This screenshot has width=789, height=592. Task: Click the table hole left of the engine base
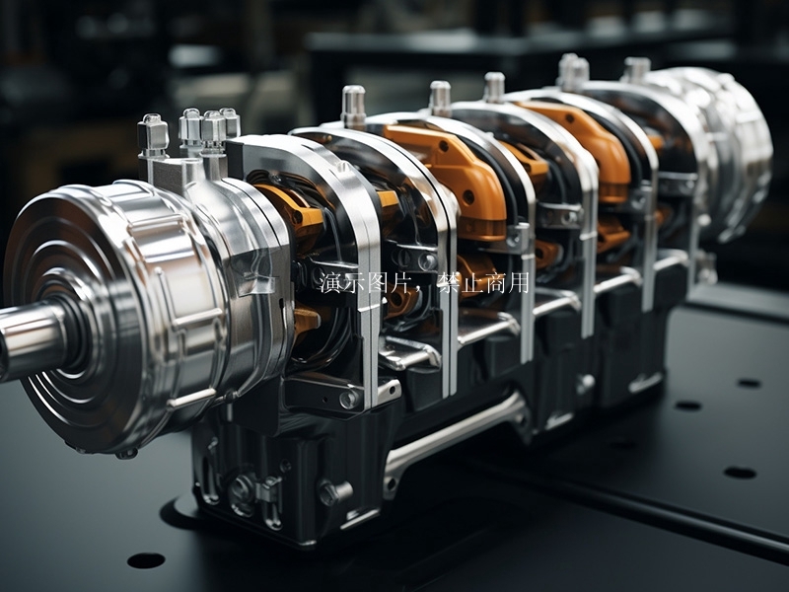click(145, 560)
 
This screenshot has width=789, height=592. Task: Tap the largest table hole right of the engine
click(739, 473)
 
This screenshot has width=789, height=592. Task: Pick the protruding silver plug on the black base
click(335, 491)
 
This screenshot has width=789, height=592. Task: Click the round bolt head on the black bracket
click(349, 399)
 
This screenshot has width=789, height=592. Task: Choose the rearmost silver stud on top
click(636, 70)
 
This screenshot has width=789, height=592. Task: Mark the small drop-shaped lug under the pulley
click(126, 453)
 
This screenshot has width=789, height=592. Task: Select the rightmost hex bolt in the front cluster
click(230, 122)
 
